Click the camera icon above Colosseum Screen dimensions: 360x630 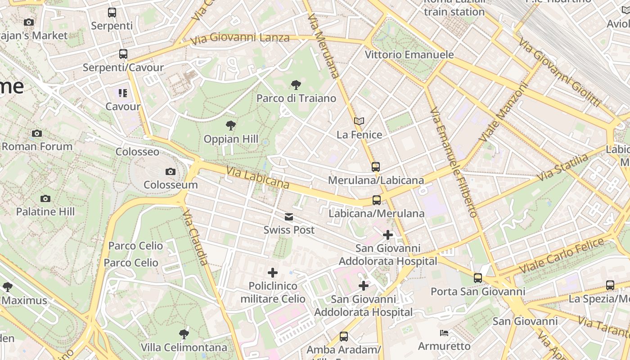(x=170, y=171)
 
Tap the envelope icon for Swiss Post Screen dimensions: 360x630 (x=289, y=217)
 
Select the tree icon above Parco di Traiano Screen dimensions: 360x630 (x=296, y=85)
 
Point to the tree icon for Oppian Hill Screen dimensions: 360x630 (x=231, y=126)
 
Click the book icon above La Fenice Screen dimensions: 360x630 (x=359, y=121)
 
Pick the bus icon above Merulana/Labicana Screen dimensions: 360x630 (x=376, y=167)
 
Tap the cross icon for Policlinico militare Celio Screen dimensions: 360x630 (x=273, y=273)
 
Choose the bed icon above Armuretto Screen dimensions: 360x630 (x=444, y=333)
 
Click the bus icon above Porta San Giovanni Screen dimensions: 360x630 (x=478, y=278)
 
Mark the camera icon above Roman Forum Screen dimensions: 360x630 (x=37, y=133)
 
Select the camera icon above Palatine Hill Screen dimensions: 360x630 (x=45, y=198)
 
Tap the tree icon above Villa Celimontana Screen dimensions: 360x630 (x=184, y=334)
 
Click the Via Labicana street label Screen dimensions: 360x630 (x=257, y=178)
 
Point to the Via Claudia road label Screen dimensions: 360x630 (x=196, y=238)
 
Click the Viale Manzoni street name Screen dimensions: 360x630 (x=503, y=111)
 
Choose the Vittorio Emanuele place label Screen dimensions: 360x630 (x=409, y=55)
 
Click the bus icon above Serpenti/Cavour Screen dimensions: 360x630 (x=123, y=54)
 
